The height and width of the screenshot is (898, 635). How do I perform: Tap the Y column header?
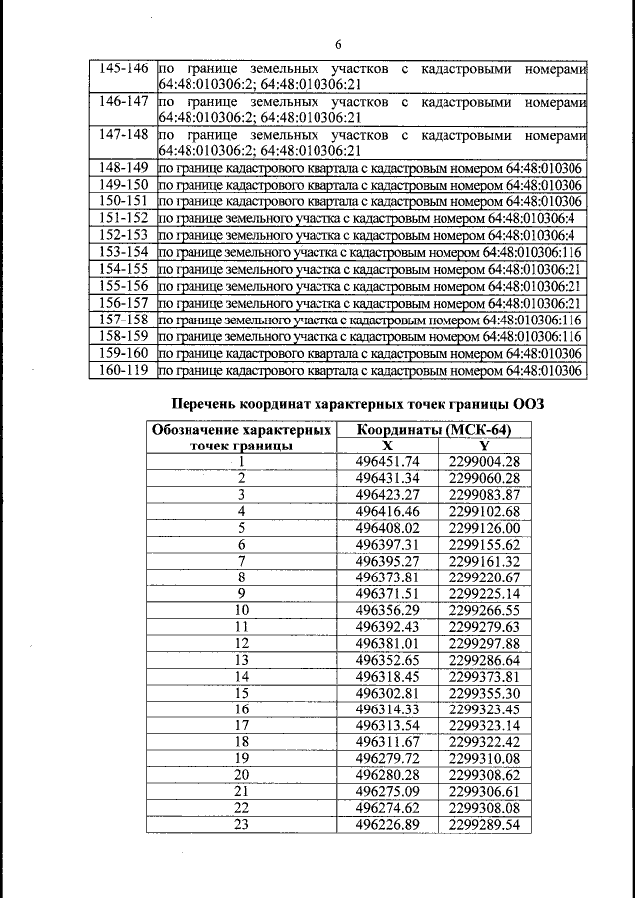click(x=483, y=446)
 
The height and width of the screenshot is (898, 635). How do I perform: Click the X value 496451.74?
click(x=387, y=461)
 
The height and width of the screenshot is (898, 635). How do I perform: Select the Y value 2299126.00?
click(x=484, y=529)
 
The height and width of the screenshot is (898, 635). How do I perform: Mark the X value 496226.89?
click(x=387, y=825)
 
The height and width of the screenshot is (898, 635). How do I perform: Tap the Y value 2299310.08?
click(x=484, y=758)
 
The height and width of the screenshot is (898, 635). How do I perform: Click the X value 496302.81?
click(x=387, y=693)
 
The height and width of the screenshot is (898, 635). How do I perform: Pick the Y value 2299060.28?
click(x=484, y=478)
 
